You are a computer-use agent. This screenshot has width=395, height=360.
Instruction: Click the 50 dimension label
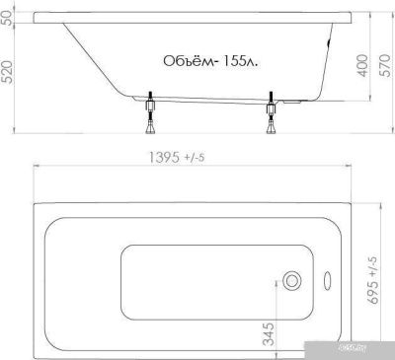pyautogui.click(x=8, y=18)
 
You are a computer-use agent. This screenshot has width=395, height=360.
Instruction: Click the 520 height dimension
pyautogui.click(x=8, y=72)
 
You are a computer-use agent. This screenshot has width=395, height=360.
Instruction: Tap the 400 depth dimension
pyautogui.click(x=362, y=66)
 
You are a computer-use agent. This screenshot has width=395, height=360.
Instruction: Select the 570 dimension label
pyautogui.click(x=385, y=66)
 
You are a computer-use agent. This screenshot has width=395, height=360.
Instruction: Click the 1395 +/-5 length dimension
pyautogui.click(x=177, y=158)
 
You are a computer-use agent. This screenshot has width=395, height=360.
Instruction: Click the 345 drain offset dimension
pyautogui.click(x=270, y=334)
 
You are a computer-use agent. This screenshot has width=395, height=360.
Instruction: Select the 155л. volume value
pyautogui.click(x=240, y=61)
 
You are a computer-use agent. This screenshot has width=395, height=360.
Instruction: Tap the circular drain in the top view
pyautogui.click(x=292, y=281)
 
